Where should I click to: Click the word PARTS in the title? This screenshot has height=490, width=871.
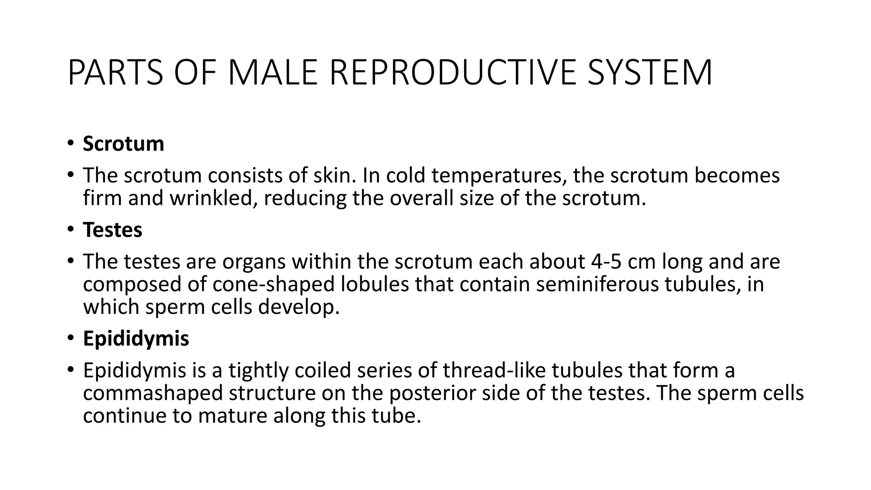(115, 73)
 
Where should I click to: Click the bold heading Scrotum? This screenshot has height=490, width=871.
(123, 144)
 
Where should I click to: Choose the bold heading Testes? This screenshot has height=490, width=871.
(113, 230)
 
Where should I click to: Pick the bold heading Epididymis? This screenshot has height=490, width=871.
(136, 339)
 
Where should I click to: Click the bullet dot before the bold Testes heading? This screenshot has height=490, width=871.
(70, 230)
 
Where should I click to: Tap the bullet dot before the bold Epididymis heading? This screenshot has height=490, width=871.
(70, 339)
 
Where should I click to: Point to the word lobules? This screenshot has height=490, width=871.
(375, 284)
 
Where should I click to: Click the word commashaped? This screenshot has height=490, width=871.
(153, 393)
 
